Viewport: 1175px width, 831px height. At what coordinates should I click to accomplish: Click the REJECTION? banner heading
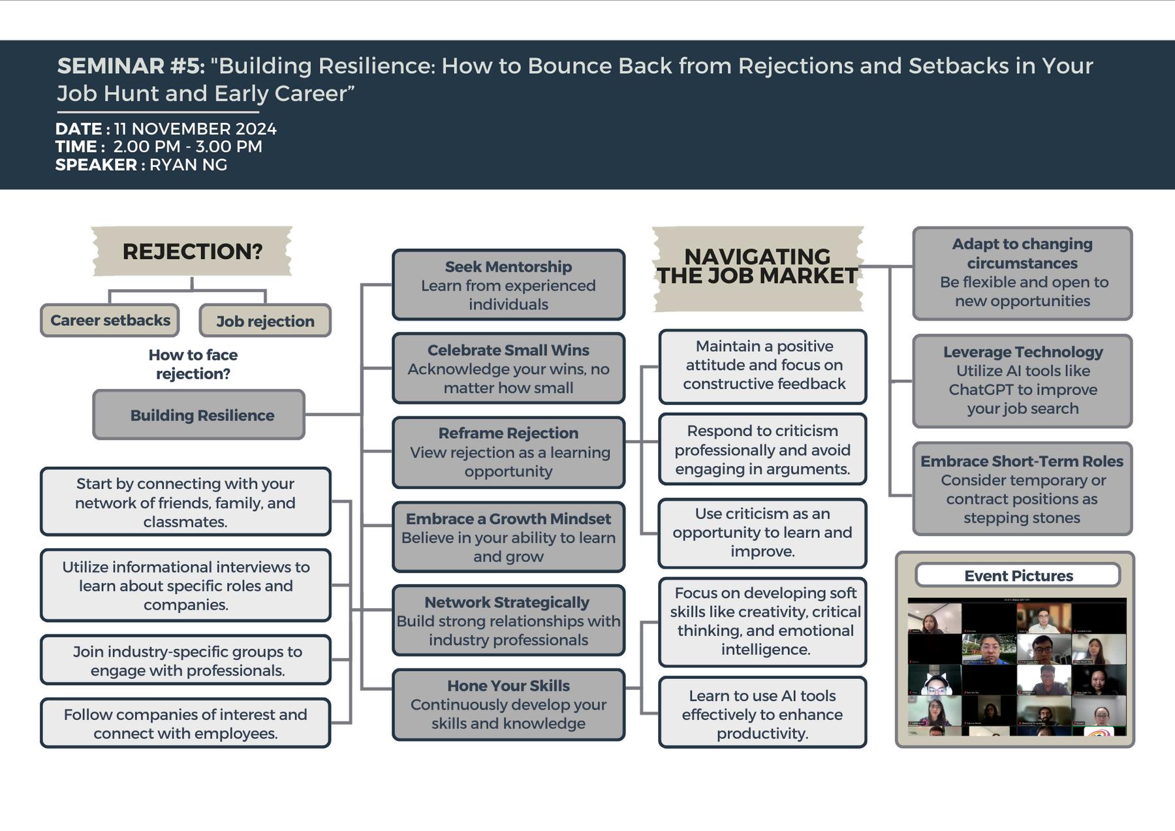(x=192, y=251)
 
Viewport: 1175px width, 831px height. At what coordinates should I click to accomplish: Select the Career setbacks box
(x=110, y=321)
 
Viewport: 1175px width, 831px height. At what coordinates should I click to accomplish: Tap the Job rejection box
(x=265, y=321)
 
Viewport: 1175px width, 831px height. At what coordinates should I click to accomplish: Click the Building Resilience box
(x=199, y=415)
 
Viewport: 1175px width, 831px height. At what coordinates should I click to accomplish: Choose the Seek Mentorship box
(x=509, y=285)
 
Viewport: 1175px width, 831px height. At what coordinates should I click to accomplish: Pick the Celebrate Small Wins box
(x=509, y=369)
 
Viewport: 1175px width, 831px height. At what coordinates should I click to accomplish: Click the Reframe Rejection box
(x=509, y=452)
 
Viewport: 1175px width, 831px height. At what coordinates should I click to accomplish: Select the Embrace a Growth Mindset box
(x=509, y=537)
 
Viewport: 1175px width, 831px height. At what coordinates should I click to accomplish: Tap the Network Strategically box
(x=509, y=621)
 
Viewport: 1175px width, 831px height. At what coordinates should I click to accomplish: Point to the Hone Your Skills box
(x=509, y=704)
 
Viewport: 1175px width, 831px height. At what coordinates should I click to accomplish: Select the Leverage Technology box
(x=1022, y=381)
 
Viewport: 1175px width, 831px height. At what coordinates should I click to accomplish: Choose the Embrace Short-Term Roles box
(x=1022, y=490)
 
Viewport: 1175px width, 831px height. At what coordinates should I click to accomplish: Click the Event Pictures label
(x=1018, y=576)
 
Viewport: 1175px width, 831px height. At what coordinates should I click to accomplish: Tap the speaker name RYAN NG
(x=188, y=165)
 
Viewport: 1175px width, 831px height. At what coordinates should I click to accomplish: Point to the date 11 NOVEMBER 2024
(x=195, y=129)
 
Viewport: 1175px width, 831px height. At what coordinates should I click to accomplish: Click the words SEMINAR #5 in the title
(x=131, y=66)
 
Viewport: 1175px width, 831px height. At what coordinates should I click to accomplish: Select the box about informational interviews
(x=185, y=586)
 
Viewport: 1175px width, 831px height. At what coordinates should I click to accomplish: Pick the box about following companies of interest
(x=185, y=724)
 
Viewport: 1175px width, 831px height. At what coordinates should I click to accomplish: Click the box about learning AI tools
(x=762, y=714)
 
